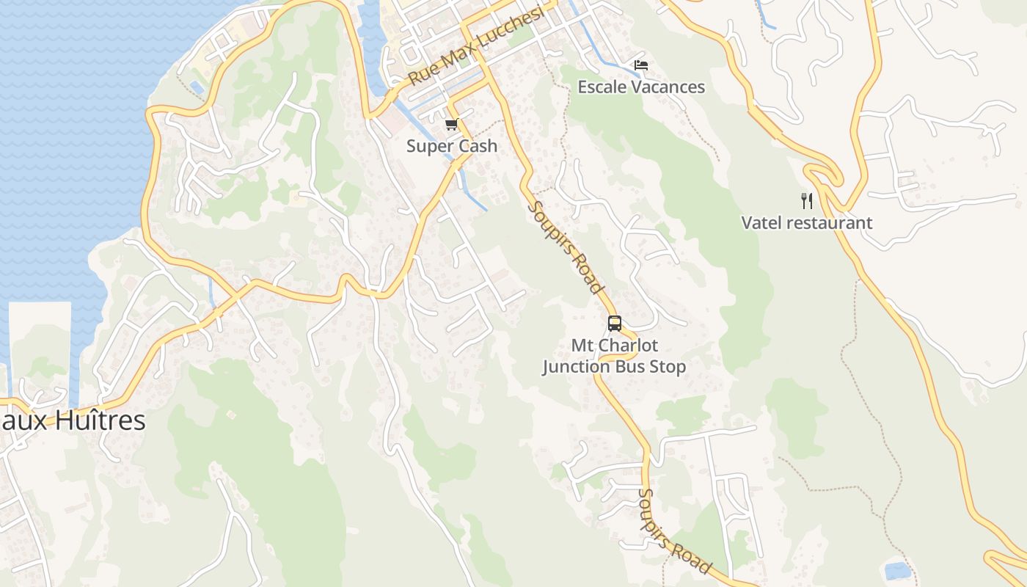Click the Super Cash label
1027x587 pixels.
pyautogui.click(x=452, y=146)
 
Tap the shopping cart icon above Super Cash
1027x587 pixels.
pyautogui.click(x=452, y=124)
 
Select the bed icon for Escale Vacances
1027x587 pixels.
pyautogui.click(x=641, y=65)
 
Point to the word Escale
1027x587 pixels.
pyautogui.click(x=602, y=87)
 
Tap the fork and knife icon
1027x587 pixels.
pyautogui.click(x=807, y=200)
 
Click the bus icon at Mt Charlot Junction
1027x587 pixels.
pyautogui.click(x=614, y=323)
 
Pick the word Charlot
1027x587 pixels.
pyautogui.click(x=626, y=346)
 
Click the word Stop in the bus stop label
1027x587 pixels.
pyautogui.click(x=666, y=367)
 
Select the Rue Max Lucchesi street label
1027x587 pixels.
pyautogui.click(x=477, y=45)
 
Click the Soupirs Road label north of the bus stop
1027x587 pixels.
pyautogui.click(x=566, y=247)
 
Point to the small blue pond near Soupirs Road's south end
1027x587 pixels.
pyautogui.click(x=897, y=570)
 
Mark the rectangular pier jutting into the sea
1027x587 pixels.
pyautogui.click(x=40, y=345)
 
